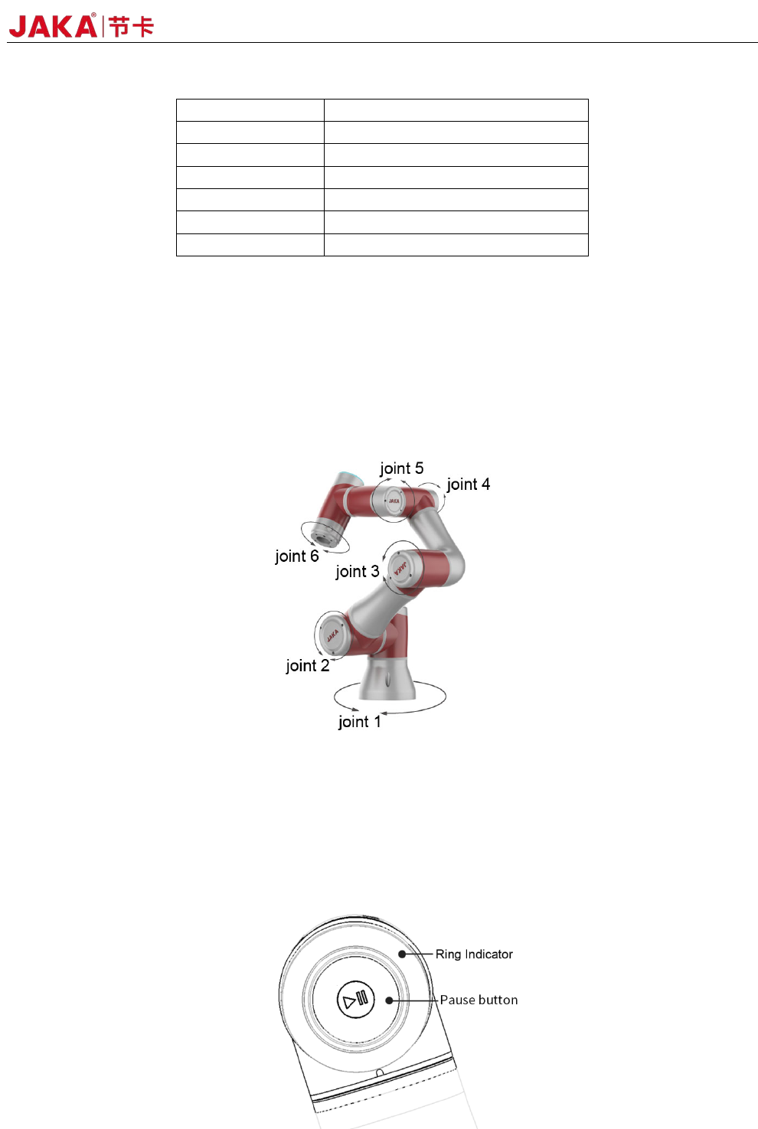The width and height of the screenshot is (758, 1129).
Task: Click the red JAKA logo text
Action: coord(53,26)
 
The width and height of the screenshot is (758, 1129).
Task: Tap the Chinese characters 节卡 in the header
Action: coord(131,27)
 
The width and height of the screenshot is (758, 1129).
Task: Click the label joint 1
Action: coord(359,722)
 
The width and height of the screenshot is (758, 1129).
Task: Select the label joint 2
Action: coord(307,666)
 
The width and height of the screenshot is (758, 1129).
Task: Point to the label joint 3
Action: coord(357,572)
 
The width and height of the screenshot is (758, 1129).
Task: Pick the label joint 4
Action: coord(468,485)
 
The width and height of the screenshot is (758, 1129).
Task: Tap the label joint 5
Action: coord(401,468)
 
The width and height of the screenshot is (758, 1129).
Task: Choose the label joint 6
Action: coord(296,556)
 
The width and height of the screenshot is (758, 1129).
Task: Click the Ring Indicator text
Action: coord(474,954)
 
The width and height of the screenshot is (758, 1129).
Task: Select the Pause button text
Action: coord(479,1000)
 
